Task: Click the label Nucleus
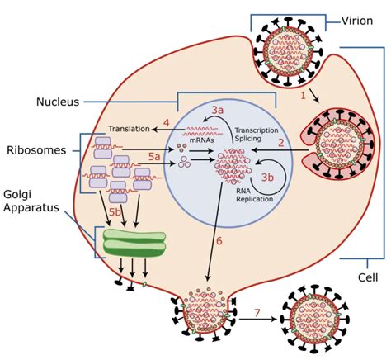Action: (x=57, y=102)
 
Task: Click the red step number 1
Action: (x=304, y=96)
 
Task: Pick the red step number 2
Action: (x=280, y=144)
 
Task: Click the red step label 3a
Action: (x=219, y=110)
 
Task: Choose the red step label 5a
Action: (x=153, y=156)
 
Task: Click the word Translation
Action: (x=133, y=129)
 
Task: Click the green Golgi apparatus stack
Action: (x=134, y=241)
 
